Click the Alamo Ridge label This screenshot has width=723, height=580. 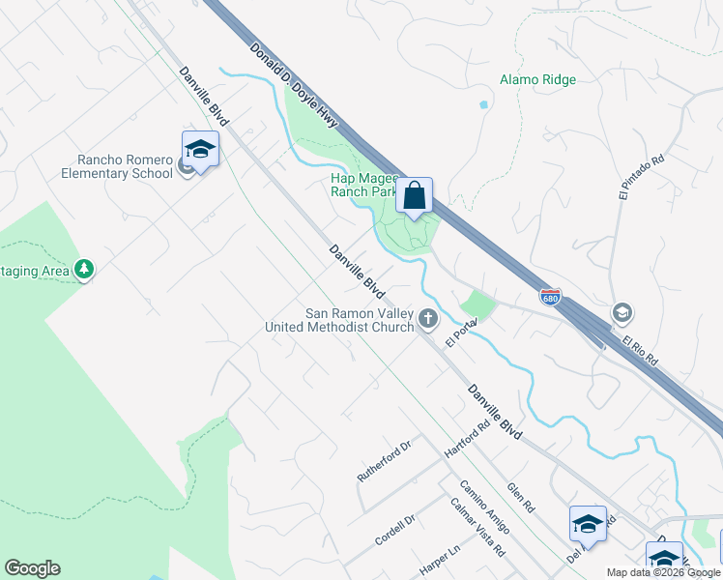tap(537, 80)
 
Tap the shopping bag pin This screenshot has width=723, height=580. tap(415, 196)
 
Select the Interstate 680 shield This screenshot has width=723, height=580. tap(550, 295)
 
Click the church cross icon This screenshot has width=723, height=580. tap(427, 317)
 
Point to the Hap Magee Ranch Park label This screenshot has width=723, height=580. tap(364, 185)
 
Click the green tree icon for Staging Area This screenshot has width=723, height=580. tap(84, 269)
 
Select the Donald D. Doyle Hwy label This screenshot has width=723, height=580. tap(293, 87)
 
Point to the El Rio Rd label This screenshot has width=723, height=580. tap(640, 349)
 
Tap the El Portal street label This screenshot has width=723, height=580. tap(463, 333)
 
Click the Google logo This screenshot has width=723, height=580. tap(32, 568)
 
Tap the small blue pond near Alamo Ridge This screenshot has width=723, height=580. tap(482, 103)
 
